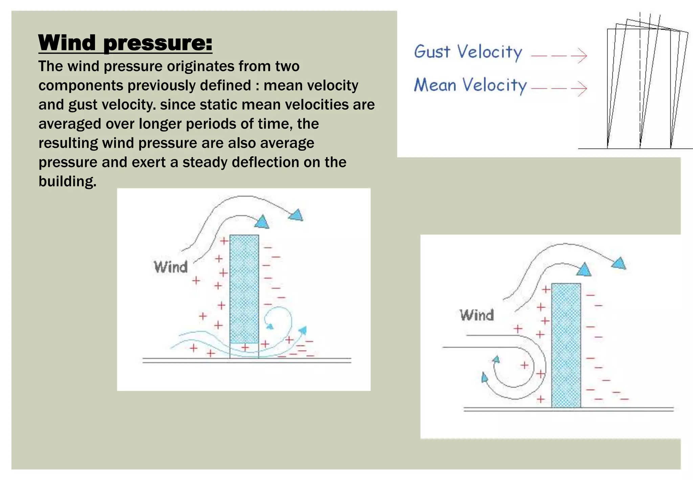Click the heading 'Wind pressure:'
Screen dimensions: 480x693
click(125, 43)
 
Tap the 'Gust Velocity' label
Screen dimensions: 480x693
click(468, 52)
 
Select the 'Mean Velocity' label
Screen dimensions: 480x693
click(470, 85)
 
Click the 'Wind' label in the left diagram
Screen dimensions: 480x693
click(171, 267)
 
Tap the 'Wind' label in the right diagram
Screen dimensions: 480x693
click(476, 315)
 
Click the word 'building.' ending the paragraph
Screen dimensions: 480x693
click(67, 181)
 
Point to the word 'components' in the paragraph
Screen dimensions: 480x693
click(81, 85)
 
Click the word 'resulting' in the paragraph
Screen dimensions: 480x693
click(68, 143)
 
